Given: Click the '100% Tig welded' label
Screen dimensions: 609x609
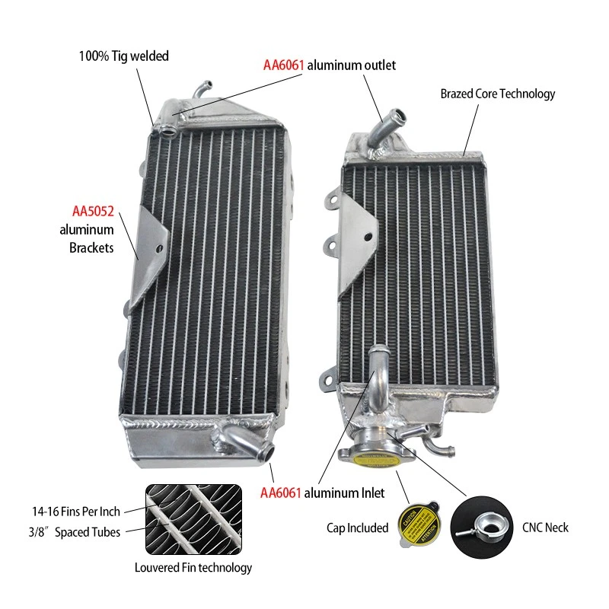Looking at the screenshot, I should tap(124, 56).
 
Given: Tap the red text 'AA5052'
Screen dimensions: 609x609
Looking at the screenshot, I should tap(93, 211).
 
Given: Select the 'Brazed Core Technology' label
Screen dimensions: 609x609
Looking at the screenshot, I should tap(498, 94).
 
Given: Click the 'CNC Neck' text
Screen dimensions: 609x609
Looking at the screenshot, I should tap(546, 527).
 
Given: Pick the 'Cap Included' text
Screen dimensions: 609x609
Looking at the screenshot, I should tap(358, 528).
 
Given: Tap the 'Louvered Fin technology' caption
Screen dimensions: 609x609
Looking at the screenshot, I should tap(193, 567).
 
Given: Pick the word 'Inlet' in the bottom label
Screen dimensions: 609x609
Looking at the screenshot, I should tap(371, 493).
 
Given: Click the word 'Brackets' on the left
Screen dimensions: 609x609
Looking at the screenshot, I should tap(93, 247).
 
